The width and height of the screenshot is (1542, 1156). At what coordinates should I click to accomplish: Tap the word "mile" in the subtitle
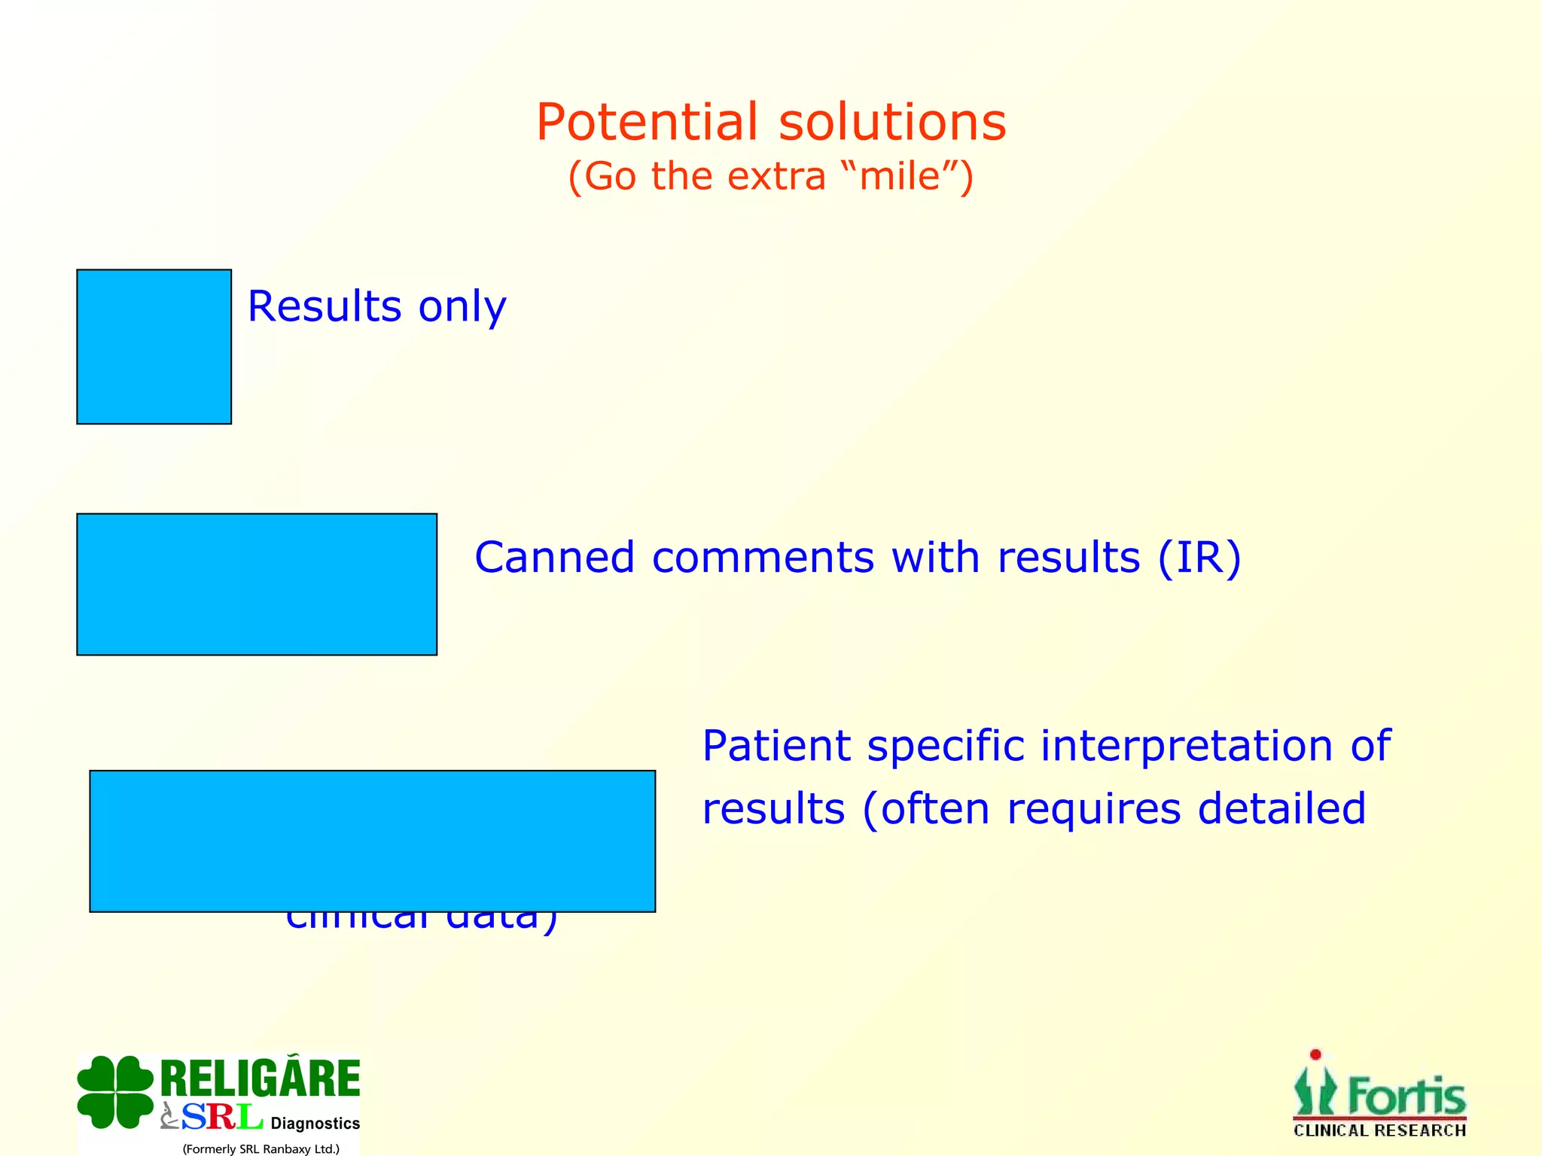[900, 176]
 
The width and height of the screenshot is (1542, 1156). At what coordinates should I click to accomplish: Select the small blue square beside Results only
[154, 346]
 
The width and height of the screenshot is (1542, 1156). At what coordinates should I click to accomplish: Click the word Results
[325, 306]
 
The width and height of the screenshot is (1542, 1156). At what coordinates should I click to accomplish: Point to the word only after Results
[462, 308]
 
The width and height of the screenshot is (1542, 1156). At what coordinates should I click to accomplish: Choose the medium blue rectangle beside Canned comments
[256, 584]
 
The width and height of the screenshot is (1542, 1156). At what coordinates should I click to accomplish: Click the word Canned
[554, 558]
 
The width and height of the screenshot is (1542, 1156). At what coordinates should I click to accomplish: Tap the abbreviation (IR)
[1199, 558]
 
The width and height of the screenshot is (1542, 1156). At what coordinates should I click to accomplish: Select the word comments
[763, 558]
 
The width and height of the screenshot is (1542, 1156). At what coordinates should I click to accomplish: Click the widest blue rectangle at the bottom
[372, 841]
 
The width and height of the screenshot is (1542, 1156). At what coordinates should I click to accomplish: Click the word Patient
[776, 746]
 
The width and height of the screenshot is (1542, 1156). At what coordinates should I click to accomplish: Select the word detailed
[1281, 808]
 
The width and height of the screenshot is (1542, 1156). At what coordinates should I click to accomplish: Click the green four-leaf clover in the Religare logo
[115, 1091]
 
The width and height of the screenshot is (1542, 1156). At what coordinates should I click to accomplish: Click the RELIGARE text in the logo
[261, 1078]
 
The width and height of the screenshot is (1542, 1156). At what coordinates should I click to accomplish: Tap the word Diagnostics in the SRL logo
[315, 1123]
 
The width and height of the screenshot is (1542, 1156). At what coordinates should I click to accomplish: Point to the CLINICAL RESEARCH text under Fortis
[1379, 1130]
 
